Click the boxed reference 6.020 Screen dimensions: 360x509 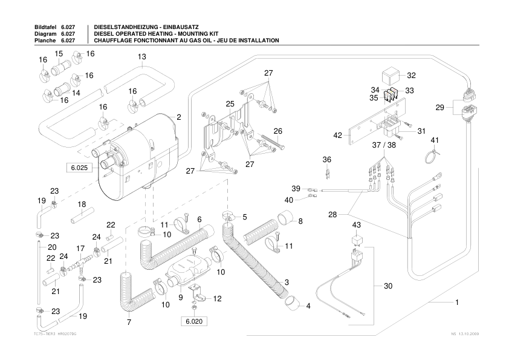pos(192,321)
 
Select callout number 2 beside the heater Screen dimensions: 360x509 pos(179,116)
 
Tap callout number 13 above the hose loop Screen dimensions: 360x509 pos(142,57)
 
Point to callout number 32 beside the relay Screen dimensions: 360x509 pos(411,76)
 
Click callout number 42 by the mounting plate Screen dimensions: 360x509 pos(338,136)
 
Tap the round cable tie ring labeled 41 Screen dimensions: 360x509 pos(430,159)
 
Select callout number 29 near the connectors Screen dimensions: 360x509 pos(440,108)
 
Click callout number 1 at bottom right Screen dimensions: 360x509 pos(458,301)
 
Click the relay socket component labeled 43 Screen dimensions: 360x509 pos(357,240)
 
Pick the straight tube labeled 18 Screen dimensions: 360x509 pos(81,215)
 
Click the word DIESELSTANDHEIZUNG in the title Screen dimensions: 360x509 pos(124,28)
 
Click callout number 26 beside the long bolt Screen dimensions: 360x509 pos(277,131)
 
